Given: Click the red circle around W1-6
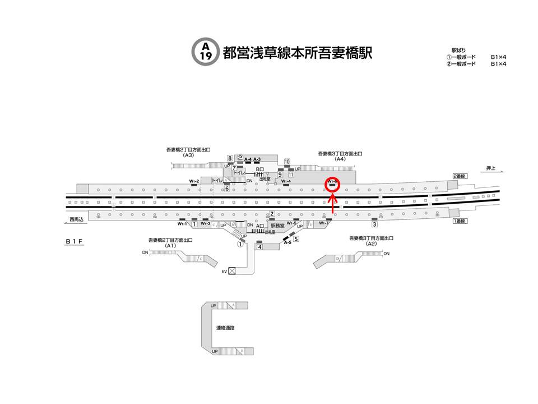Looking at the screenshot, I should coord(332,183).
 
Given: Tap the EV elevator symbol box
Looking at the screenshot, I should coord(232,272).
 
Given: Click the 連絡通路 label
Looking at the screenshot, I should coord(225,328).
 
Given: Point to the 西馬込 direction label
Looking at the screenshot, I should coord(76,219).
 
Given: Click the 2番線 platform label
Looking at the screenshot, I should coord(459,176).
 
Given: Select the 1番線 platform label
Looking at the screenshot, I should coord(459,221).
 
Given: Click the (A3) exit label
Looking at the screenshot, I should coord(188,155).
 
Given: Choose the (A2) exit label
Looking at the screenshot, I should coord(371,244).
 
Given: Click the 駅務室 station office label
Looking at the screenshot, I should coord(278,225).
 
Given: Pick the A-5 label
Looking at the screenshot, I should coord(287,242).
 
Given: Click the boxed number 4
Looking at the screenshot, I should coord(260,246).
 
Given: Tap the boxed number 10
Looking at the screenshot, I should coord(286,162).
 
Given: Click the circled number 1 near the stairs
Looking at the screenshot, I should coord(240,244).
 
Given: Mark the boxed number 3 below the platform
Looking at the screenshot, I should coord(374,224).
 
